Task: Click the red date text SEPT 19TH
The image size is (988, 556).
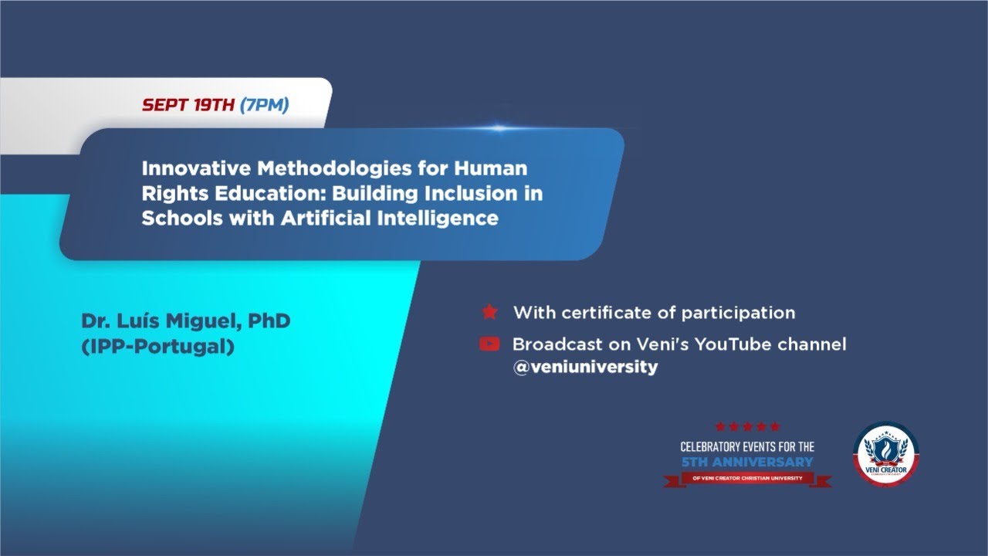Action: (188, 105)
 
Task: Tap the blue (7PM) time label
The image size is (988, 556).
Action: (264, 105)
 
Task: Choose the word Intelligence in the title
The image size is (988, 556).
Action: (437, 218)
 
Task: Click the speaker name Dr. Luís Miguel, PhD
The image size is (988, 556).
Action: (185, 320)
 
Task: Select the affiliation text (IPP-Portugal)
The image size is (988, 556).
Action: (157, 347)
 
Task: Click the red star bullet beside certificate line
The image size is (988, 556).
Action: (489, 313)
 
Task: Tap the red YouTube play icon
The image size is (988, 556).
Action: (489, 344)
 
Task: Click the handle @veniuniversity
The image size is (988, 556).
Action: (585, 368)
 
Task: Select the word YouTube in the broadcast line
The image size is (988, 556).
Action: (732, 344)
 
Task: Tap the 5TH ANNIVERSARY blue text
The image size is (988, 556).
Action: (747, 462)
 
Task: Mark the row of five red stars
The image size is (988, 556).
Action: (747, 426)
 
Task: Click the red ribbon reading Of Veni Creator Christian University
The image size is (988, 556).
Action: (747, 478)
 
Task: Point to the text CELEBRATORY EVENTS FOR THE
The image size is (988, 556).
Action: (747, 446)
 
